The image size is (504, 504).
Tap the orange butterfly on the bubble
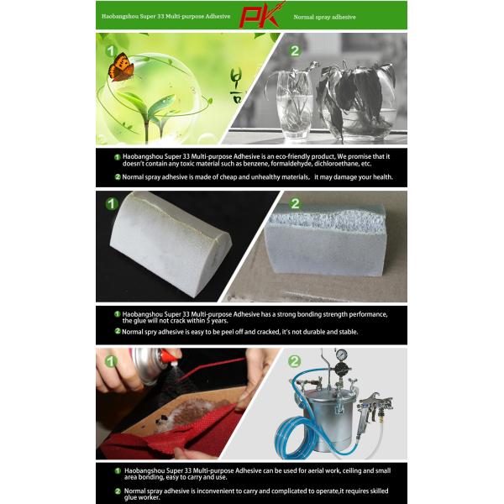click(x=123, y=66)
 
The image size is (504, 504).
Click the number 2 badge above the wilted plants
click(x=295, y=51)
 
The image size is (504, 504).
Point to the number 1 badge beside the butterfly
click(x=108, y=51)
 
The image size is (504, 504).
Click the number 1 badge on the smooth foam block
click(x=112, y=203)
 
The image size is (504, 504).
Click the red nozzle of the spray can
click(x=171, y=368)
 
